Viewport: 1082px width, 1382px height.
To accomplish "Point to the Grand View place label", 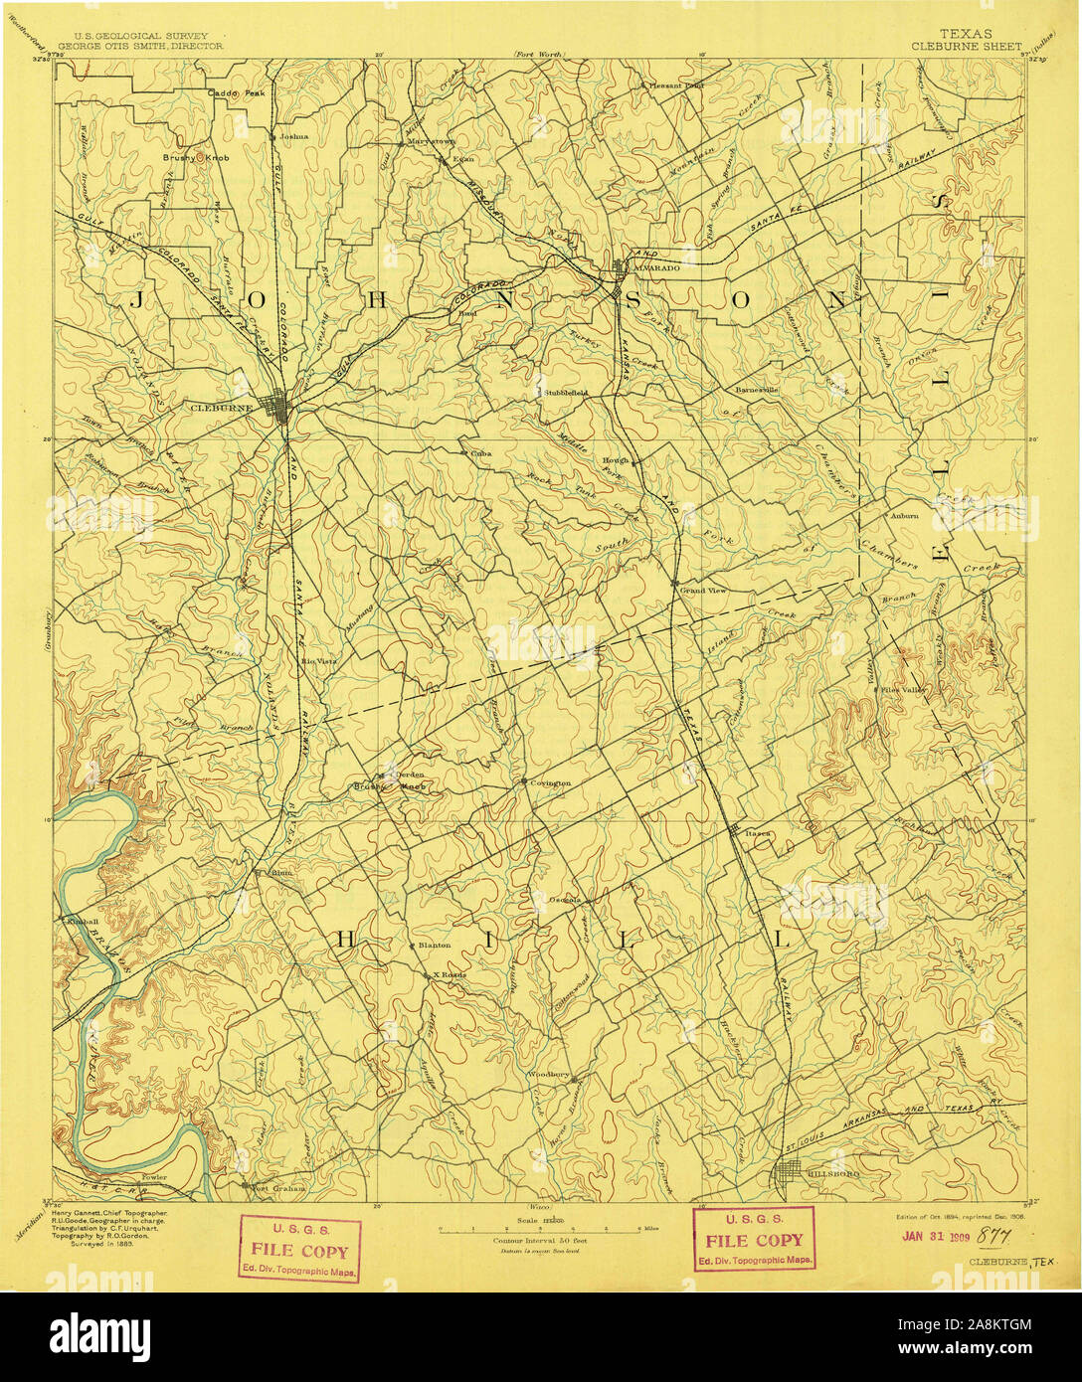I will pyautogui.click(x=702, y=591).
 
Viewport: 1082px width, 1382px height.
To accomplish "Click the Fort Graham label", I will pyautogui.click(x=278, y=1187).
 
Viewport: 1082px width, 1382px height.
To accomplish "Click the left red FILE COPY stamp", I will pyautogui.click(x=299, y=1248).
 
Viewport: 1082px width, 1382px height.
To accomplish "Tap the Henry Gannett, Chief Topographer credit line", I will pyautogui.click(x=110, y=1215).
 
